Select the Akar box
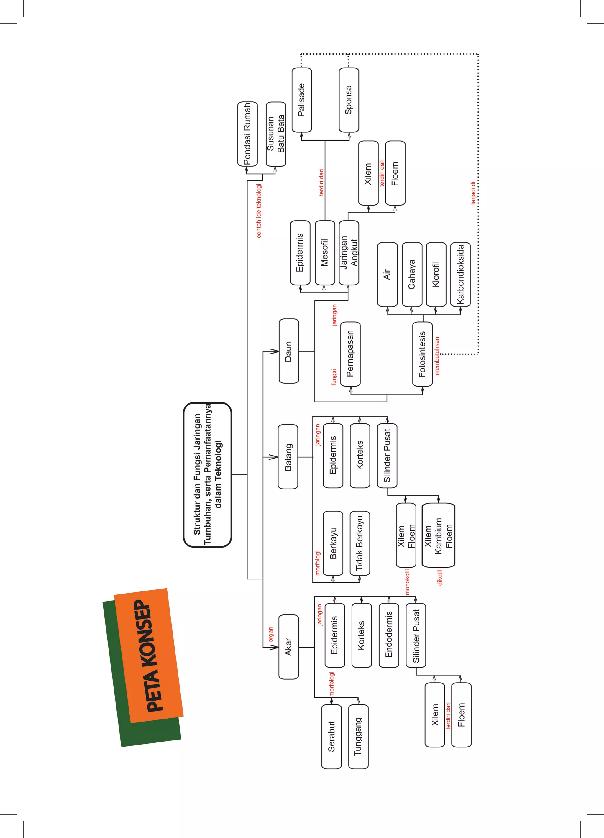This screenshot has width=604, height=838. (288, 647)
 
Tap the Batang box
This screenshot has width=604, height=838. (288, 457)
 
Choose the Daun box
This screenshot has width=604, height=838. (289, 351)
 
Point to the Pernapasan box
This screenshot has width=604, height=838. (350, 354)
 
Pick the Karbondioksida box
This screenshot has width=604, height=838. (460, 275)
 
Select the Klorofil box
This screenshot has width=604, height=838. (436, 275)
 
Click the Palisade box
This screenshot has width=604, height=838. (302, 100)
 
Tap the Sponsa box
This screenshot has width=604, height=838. (349, 100)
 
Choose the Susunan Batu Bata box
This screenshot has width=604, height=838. (276, 134)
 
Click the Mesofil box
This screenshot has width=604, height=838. (324, 253)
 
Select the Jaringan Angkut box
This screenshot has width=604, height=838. (349, 253)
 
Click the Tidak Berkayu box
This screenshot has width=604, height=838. (360, 543)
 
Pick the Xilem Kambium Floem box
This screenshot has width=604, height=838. (438, 535)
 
